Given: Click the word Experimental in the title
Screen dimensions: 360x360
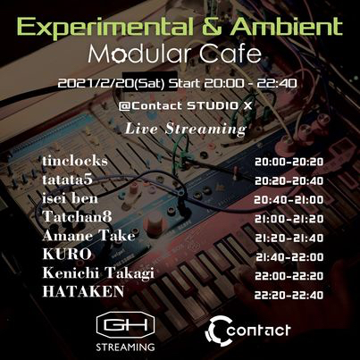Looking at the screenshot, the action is pyautogui.click(x=104, y=28).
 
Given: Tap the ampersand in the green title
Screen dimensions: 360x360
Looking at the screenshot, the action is pyautogui.click(x=213, y=27).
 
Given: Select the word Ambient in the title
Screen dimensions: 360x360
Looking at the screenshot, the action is pyautogui.click(x=287, y=27).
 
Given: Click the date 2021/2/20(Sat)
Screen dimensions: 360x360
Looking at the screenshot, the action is pyautogui.click(x=112, y=84).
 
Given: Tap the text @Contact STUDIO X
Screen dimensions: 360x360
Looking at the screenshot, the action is pyautogui.click(x=185, y=105).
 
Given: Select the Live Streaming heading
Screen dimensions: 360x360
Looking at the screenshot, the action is pyautogui.click(x=186, y=129).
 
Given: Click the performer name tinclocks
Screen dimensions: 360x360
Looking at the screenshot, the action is pyautogui.click(x=75, y=161).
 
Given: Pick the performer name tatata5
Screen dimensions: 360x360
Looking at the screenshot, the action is pyautogui.click(x=67, y=180).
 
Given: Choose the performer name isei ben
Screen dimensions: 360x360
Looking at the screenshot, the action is pyautogui.click(x=70, y=198).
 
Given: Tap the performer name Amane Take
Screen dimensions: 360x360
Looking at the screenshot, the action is pyautogui.click(x=88, y=236).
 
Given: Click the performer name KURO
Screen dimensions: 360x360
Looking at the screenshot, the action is pyautogui.click(x=67, y=254).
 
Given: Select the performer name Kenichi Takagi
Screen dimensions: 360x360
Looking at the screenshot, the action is pyautogui.click(x=98, y=273).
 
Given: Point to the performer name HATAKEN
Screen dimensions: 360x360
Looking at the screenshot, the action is pyautogui.click(x=83, y=291).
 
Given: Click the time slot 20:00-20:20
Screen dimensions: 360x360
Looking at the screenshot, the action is pyautogui.click(x=289, y=162).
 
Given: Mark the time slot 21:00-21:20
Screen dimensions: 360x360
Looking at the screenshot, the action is pyautogui.click(x=289, y=219).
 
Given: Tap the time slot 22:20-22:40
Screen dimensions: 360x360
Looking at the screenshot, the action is pyautogui.click(x=289, y=295).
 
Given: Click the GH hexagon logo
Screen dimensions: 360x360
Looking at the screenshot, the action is pyautogui.click(x=125, y=325).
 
